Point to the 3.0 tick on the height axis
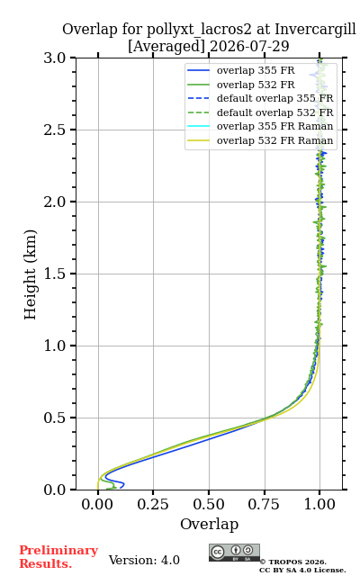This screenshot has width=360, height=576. pos(55,58)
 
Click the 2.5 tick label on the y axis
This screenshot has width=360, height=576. pos(55,130)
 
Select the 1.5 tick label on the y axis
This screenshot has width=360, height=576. pos(55,274)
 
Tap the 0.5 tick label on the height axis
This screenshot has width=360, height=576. pos(55,418)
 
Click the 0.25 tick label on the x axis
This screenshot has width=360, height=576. pos(153,504)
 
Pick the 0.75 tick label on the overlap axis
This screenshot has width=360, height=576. pos(264,504)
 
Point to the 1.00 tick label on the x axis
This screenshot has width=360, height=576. pos(319,504)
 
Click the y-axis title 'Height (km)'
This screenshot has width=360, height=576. pos(31,274)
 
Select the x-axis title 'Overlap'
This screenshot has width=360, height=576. pos(210,524)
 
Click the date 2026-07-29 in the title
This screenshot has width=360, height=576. pos(249,47)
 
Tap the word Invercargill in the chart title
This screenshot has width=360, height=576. pos(315,30)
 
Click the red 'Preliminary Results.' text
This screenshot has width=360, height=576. pos(58,557)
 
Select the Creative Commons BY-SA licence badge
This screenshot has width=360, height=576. pos(234,553)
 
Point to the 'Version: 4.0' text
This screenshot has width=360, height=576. pos(144,560)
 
